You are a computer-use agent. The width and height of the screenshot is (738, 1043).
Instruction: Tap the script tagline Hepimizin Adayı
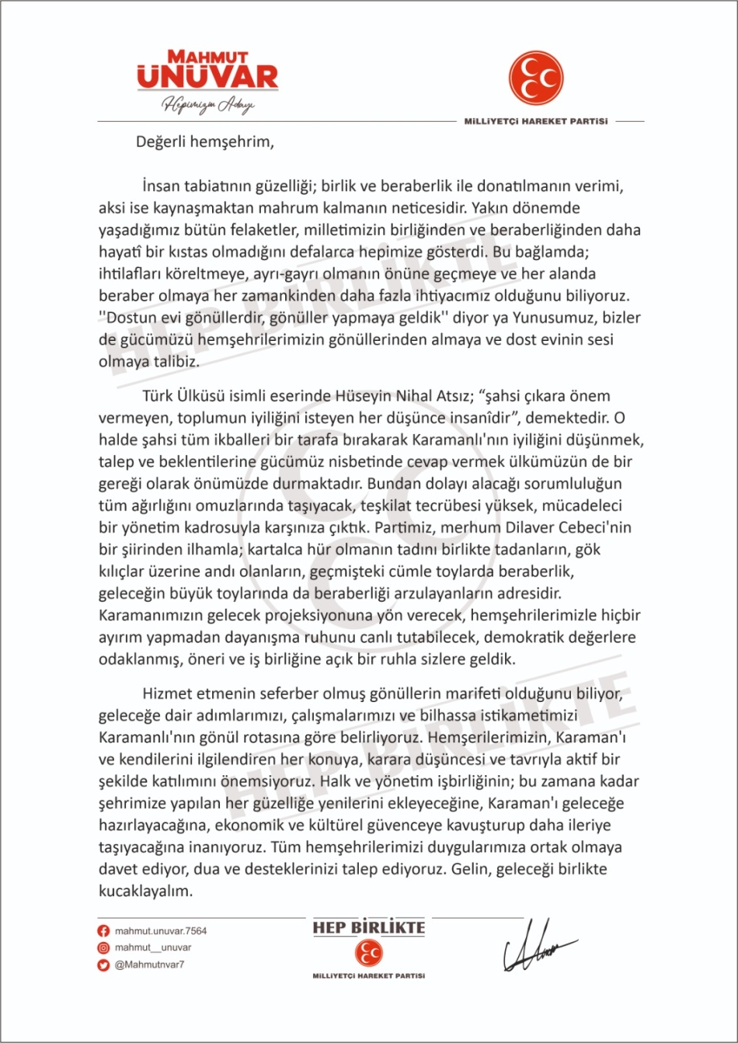(x=207, y=106)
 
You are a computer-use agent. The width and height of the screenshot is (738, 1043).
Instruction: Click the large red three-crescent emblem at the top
(x=536, y=78)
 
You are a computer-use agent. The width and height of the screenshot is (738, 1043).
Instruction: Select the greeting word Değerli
(x=162, y=142)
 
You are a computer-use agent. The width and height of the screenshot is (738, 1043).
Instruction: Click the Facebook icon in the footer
(x=103, y=931)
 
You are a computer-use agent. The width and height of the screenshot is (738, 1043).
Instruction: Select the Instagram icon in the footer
(x=103, y=947)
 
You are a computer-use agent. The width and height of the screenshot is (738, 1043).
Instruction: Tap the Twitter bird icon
(x=103, y=965)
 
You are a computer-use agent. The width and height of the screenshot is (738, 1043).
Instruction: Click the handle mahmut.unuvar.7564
(x=161, y=931)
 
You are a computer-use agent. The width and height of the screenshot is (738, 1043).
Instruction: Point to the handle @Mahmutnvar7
(x=150, y=965)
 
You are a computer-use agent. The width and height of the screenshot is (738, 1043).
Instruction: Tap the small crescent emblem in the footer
(x=368, y=953)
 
